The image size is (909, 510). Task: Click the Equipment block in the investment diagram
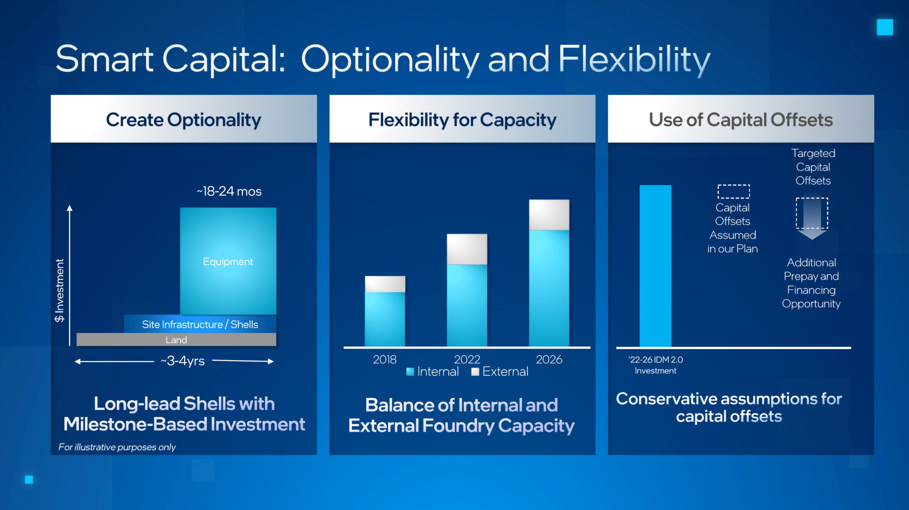[x=228, y=261]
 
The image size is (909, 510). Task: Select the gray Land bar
[x=176, y=340]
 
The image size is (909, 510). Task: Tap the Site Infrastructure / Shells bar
[x=200, y=324]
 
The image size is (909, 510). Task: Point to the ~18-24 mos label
[x=229, y=191]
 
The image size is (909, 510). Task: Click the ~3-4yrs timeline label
[x=182, y=361]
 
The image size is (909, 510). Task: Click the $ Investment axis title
[x=59, y=290]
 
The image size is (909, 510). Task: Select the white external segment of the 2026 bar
[x=549, y=215]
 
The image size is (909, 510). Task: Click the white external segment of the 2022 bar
[x=467, y=249]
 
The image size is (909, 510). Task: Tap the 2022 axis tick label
[x=467, y=359]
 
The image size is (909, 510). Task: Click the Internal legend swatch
[x=410, y=372]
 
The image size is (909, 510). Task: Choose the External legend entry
[x=500, y=372]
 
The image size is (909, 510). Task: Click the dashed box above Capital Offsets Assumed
[x=734, y=191]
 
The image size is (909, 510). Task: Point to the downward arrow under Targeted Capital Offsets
[x=812, y=219]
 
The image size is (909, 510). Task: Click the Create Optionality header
[x=183, y=119]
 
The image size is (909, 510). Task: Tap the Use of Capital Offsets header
[x=740, y=119]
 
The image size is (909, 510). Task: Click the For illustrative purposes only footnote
[x=117, y=447]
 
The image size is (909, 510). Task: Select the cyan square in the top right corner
[x=885, y=27]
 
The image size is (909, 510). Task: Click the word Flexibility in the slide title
[x=634, y=59]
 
